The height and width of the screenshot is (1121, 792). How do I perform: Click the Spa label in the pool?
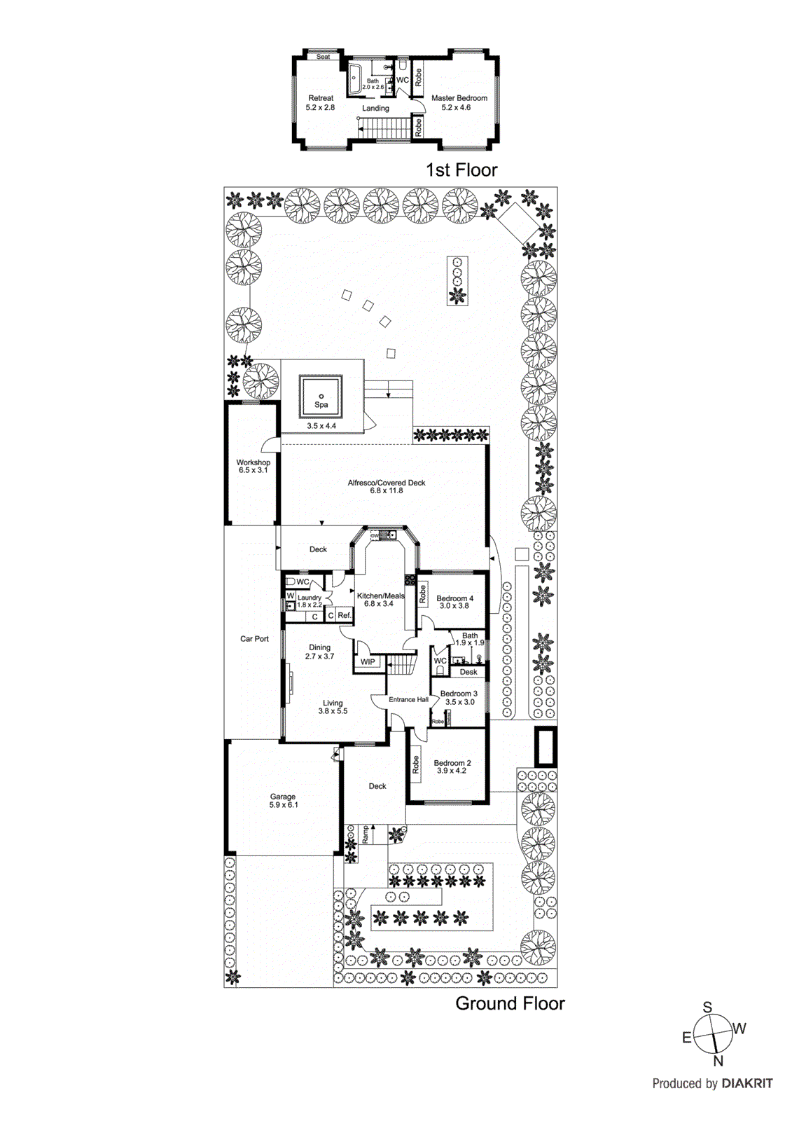click(321, 404)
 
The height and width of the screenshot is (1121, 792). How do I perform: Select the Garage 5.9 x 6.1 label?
click(283, 801)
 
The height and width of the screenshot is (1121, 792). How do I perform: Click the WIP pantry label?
click(368, 662)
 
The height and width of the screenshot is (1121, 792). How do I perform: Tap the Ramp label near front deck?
click(365, 833)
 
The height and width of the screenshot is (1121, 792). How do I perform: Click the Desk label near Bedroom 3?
click(468, 672)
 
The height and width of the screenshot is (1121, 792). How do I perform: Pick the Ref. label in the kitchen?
click(344, 616)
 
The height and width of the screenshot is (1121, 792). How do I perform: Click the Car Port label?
click(254, 639)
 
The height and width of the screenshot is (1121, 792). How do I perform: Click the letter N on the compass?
click(718, 1061)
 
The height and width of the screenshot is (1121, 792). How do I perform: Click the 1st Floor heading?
click(461, 170)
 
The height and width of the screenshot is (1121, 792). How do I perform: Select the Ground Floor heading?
click(510, 1003)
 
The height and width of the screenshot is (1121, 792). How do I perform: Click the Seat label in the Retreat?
click(323, 57)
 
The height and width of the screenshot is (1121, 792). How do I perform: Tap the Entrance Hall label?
click(408, 699)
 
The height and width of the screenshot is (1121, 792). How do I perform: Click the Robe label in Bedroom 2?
click(416, 764)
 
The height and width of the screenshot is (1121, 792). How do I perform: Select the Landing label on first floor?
click(375, 109)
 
